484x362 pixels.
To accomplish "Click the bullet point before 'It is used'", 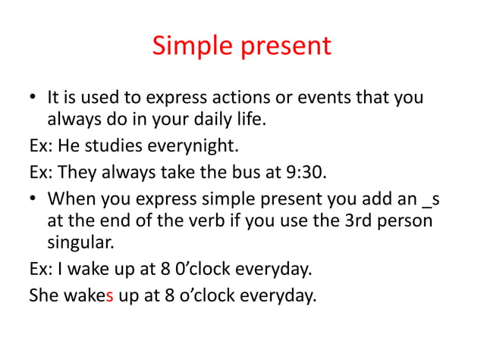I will (x=33, y=99).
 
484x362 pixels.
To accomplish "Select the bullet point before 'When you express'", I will (x=33, y=198).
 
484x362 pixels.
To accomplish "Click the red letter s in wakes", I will (x=111, y=295).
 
